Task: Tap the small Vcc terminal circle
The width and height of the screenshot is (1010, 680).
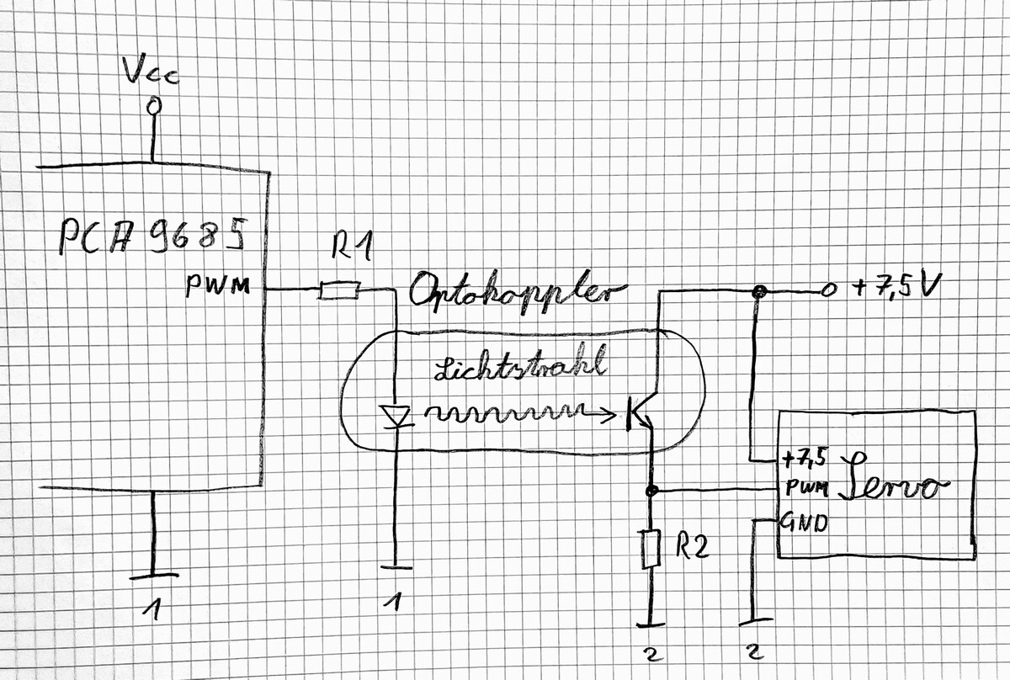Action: (153, 107)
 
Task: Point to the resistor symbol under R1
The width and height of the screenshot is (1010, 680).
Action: (340, 290)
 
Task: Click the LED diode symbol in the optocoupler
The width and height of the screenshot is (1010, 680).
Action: (396, 415)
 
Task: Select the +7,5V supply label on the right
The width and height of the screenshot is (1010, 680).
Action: (893, 289)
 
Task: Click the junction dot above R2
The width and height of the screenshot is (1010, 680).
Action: (650, 490)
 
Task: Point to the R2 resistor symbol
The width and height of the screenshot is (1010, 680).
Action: (649, 549)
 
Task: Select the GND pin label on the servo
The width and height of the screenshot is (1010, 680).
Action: (805, 522)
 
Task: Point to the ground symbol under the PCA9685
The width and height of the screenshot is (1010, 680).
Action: (153, 576)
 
